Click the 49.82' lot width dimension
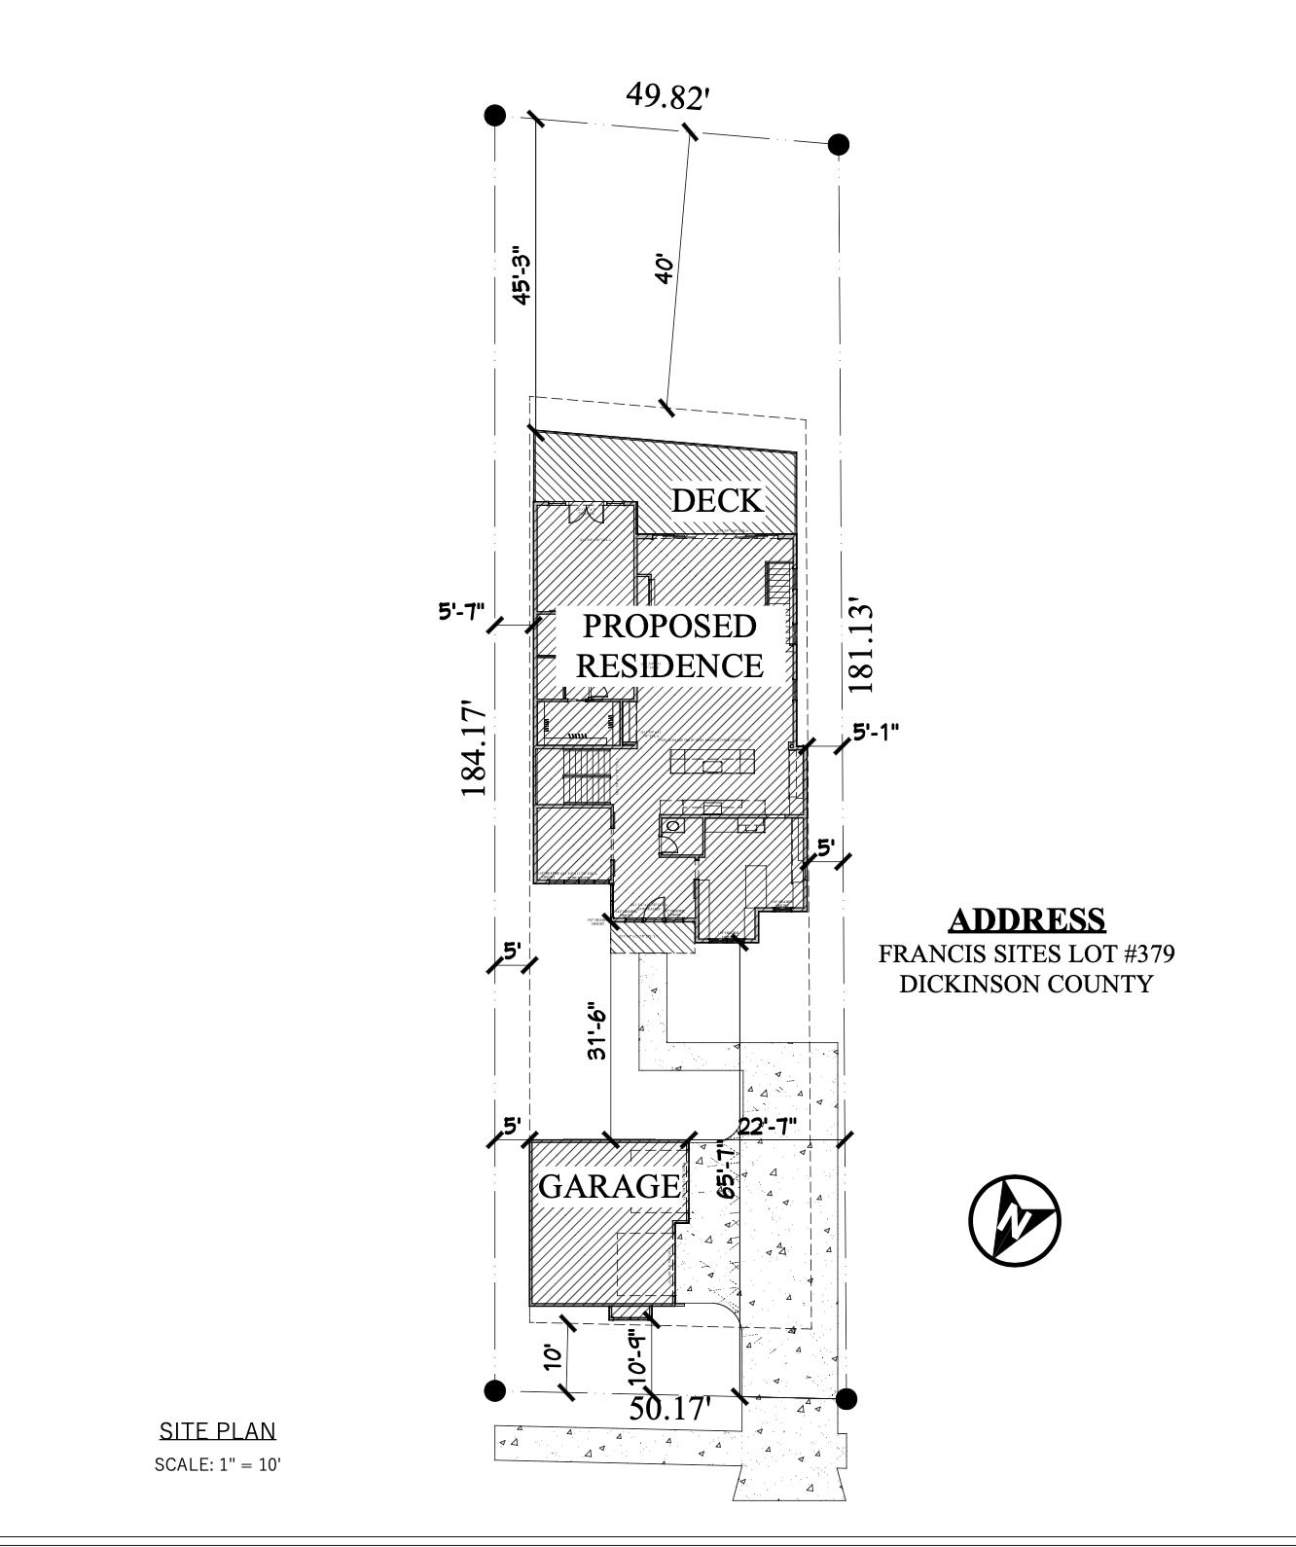(667, 96)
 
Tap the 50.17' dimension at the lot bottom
(670, 1408)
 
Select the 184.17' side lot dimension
(474, 747)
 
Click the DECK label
(717, 500)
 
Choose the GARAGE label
(609, 1186)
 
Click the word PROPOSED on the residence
(669, 626)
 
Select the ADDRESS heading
(1026, 919)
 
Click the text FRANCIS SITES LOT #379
(1026, 953)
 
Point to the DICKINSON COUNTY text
(1026, 984)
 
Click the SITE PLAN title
(217, 1430)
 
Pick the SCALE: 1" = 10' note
(217, 1464)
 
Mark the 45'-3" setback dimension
(522, 275)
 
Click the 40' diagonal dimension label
(665, 269)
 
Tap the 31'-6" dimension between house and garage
(598, 1031)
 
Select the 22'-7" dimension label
(768, 1127)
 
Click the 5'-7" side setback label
(461, 612)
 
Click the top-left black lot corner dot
(495, 116)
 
